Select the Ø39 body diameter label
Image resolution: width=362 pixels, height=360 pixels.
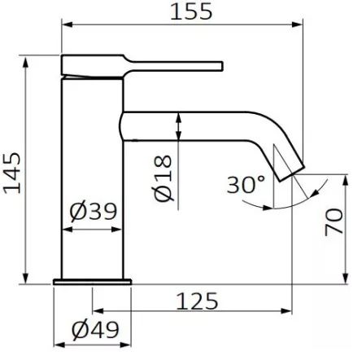pyautogui.click(x=93, y=213)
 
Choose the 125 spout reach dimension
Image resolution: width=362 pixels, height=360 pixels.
pyautogui.click(x=194, y=301)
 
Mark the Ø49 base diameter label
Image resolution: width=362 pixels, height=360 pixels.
pyautogui.click(x=94, y=330)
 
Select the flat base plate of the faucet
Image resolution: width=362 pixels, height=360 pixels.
pyautogui.click(x=91, y=281)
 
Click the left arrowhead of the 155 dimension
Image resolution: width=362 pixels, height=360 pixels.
pyautogui.click(x=66, y=24)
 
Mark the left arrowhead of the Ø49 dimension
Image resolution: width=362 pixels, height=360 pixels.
pyautogui.click(x=56, y=343)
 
